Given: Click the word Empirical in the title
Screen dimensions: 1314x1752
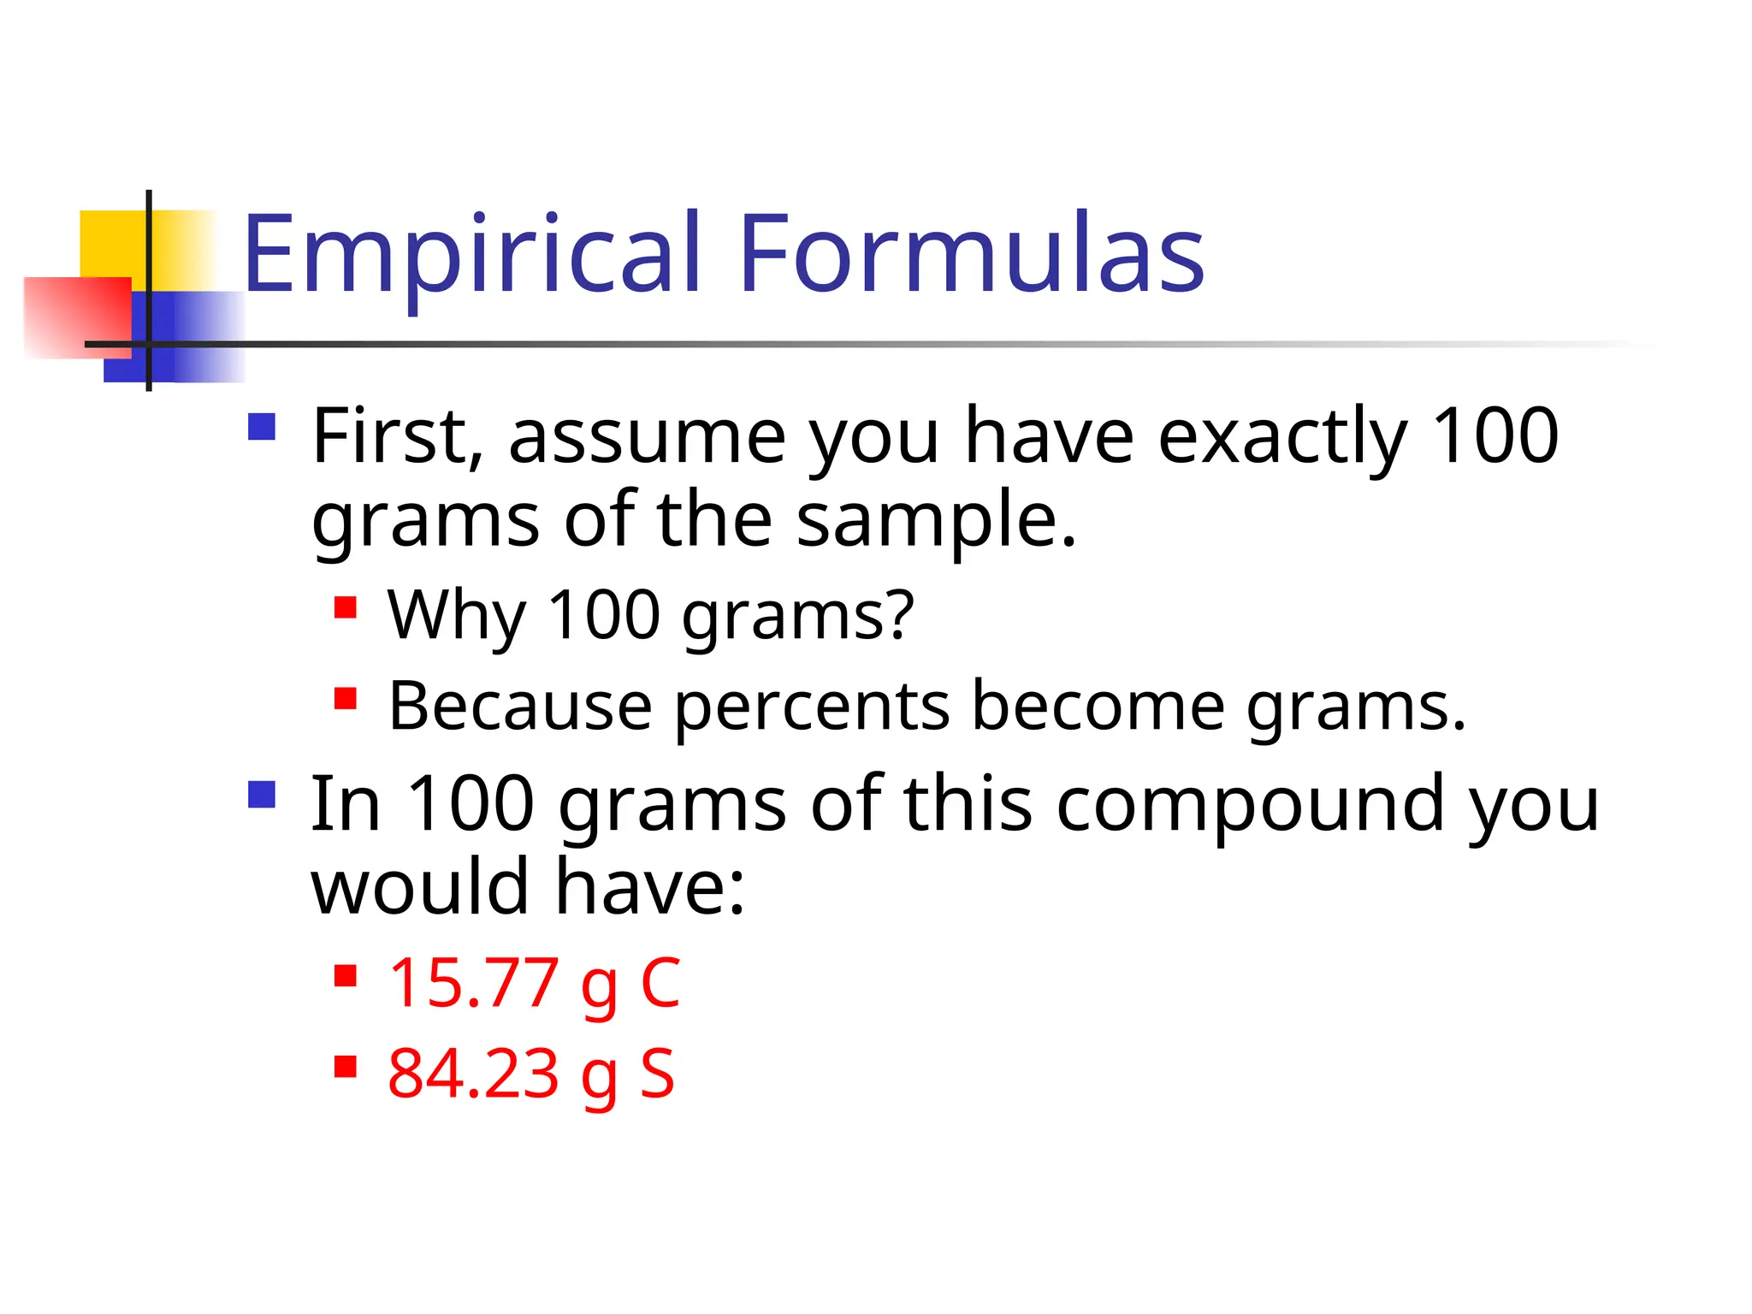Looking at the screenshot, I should point(473,254).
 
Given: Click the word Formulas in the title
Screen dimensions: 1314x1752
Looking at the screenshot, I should point(971,254).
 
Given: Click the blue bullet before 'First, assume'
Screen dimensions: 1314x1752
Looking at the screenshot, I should point(262,427).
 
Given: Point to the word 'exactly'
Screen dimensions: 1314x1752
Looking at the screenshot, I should point(1282,438).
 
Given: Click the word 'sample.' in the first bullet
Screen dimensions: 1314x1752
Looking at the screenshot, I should point(937,522).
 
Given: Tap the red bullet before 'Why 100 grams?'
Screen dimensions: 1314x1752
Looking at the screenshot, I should point(346,608).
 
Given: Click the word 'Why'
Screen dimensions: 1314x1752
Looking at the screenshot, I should point(456,616).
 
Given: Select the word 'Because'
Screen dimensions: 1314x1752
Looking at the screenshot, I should point(520,707).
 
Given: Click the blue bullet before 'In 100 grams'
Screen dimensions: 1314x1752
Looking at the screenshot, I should point(262,795).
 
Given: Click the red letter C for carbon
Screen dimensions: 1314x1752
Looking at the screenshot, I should point(660,984).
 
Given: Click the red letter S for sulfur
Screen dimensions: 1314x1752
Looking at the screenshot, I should point(658,1074).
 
